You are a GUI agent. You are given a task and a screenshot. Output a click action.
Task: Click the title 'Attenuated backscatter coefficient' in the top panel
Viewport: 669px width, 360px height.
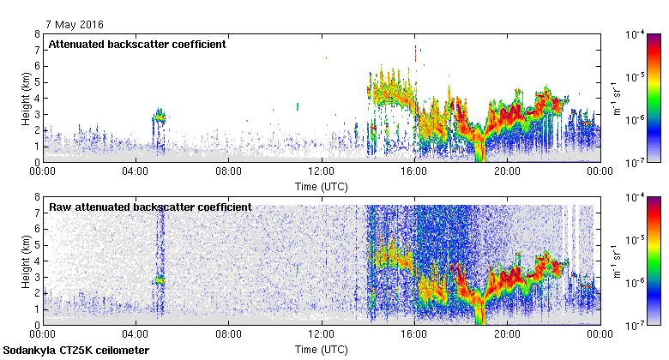(137, 44)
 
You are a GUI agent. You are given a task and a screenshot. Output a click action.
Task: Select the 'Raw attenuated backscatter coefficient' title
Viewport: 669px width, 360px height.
(150, 207)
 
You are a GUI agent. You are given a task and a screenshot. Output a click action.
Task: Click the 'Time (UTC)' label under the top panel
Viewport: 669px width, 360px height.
(321, 185)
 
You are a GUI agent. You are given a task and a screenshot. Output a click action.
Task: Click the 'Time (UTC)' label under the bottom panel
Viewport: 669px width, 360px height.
(321, 349)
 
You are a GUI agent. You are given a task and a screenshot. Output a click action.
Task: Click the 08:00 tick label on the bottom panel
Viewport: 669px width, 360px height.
(228, 335)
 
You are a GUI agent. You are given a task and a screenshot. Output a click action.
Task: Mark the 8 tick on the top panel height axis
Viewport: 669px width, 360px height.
(37, 34)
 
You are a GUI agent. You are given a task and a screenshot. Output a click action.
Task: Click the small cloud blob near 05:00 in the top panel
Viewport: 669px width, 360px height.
(159, 116)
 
